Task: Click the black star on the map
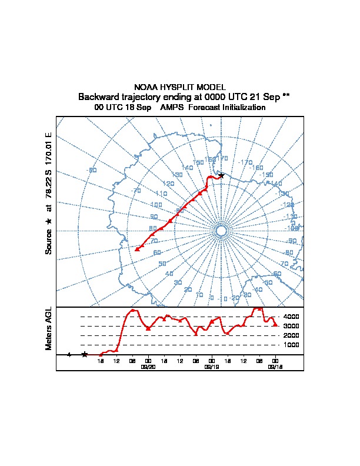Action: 221,175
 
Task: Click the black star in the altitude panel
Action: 85,354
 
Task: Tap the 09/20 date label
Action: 148,366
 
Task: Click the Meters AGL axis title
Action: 49,328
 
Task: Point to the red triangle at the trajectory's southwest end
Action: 137,249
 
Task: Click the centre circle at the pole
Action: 221,231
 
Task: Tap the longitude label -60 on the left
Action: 91,171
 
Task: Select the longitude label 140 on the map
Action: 187,168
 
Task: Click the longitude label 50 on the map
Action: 162,264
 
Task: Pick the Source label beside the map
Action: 49,241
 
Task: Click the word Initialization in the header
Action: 239,108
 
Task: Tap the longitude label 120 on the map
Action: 168,184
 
